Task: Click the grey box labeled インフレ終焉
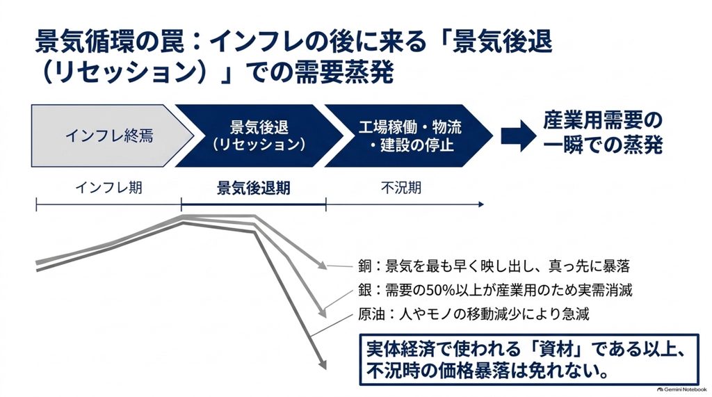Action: click(x=109, y=136)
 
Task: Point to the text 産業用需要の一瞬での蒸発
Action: click(x=603, y=133)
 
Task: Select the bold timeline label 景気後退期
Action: click(x=253, y=188)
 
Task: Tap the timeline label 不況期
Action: click(x=401, y=187)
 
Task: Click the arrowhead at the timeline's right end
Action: click(x=481, y=205)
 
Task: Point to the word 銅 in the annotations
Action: click(x=364, y=266)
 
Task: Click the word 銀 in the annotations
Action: click(x=364, y=289)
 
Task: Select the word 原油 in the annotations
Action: click(x=371, y=314)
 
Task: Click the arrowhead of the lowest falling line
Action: click(x=322, y=364)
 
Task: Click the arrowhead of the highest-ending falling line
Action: click(x=322, y=266)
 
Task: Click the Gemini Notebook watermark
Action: click(x=681, y=389)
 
